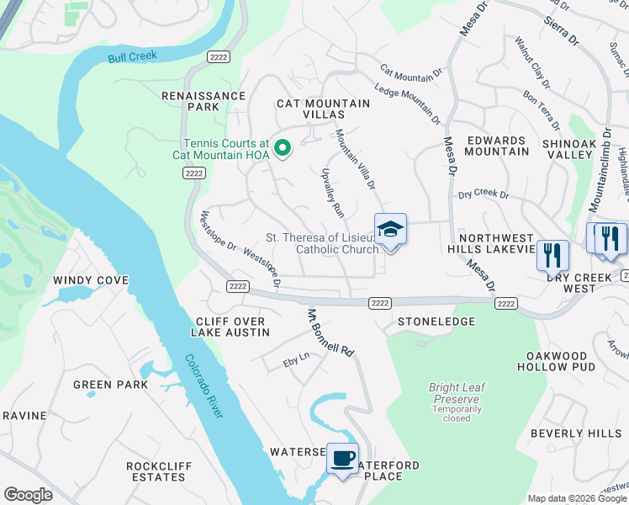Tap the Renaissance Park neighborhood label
pos(203,101)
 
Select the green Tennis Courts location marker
pos(283,150)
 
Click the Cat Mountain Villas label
pos(324,109)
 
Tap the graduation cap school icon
pos(390,229)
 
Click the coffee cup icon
pos(342,458)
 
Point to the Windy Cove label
pos(91,280)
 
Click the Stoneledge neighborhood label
pos(436,322)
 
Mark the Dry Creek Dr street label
pos(484,195)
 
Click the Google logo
pos(28,495)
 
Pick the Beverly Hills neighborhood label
pos(576,433)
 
